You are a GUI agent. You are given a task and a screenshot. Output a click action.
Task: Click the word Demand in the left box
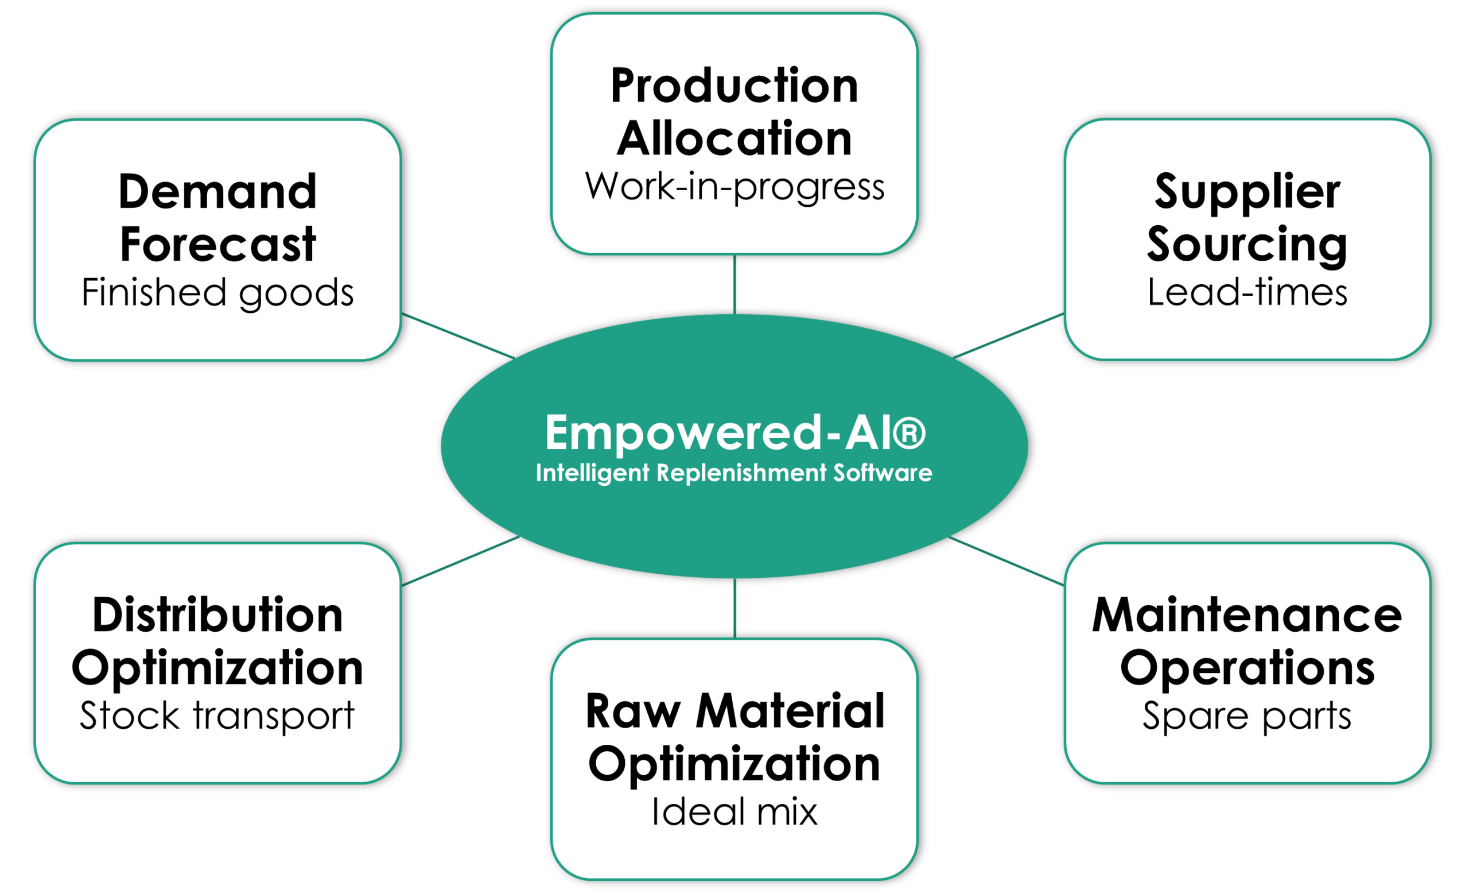click(x=217, y=192)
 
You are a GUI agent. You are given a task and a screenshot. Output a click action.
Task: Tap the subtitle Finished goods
click(x=217, y=293)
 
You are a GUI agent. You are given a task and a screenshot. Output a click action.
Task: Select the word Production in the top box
click(x=734, y=86)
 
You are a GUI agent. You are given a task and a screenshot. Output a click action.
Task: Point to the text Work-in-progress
click(x=734, y=187)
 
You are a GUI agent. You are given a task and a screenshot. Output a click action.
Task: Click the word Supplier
click(x=1248, y=192)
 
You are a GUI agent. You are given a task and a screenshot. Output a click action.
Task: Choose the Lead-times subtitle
click(x=1248, y=293)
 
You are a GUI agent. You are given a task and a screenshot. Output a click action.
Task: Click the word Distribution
click(x=217, y=616)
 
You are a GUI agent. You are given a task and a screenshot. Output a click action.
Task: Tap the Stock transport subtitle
click(x=217, y=716)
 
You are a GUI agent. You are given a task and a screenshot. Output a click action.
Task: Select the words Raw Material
click(x=734, y=712)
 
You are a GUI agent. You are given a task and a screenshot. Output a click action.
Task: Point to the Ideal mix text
click(x=734, y=813)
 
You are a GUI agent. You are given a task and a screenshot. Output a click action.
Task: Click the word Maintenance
click(x=1248, y=616)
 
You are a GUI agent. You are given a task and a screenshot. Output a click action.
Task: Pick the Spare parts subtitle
click(x=1248, y=716)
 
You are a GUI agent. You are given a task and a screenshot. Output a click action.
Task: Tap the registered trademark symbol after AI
click(x=909, y=432)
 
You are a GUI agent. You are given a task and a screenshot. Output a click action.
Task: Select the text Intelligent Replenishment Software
click(x=734, y=473)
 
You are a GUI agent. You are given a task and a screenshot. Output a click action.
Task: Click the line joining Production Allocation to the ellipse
click(x=734, y=284)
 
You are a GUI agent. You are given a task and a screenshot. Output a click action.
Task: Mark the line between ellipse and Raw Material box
click(x=734, y=608)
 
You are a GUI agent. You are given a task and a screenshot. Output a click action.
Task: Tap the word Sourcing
click(x=1248, y=245)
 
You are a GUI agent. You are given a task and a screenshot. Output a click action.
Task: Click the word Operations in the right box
click(x=1248, y=668)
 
